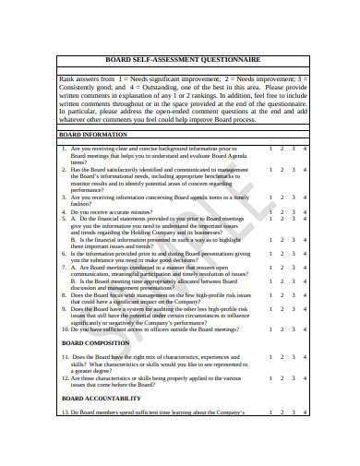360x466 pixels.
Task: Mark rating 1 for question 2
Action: click(x=270, y=169)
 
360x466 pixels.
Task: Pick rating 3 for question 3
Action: click(x=294, y=197)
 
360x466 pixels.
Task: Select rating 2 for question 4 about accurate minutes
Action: click(x=282, y=212)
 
